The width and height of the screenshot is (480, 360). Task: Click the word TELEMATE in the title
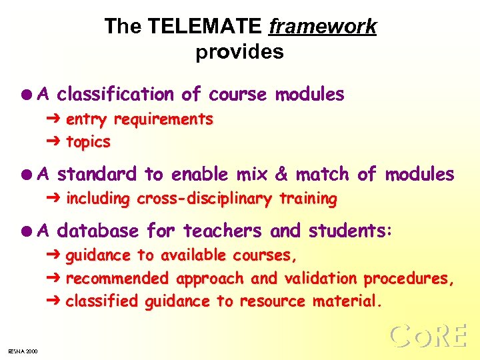tap(204, 27)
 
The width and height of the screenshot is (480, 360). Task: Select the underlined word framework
tap(322, 27)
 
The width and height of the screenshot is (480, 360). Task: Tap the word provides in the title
tap(240, 53)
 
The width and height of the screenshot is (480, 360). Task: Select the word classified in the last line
tap(103, 302)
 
